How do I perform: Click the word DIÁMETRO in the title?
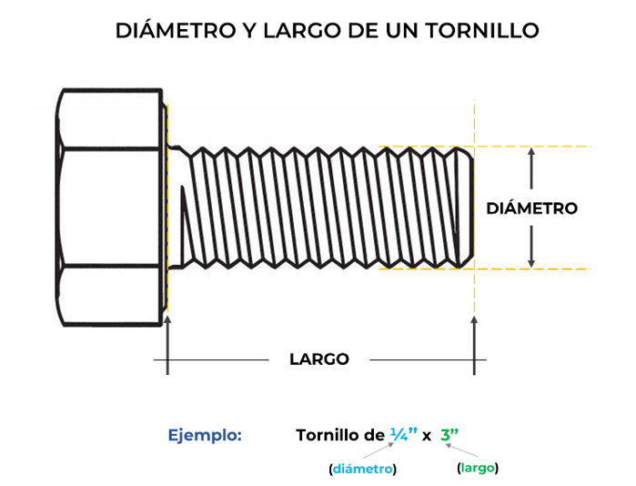pyautogui.click(x=176, y=30)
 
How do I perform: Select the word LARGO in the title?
pyautogui.click(x=303, y=31)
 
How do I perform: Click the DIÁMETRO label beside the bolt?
pyautogui.click(x=531, y=208)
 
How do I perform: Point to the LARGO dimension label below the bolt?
pyautogui.click(x=319, y=359)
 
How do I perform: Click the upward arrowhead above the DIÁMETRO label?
pyautogui.click(x=531, y=152)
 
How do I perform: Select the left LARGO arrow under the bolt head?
pyautogui.click(x=167, y=345)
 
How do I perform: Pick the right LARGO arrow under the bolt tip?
pyautogui.click(x=474, y=345)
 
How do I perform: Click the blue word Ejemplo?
pyautogui.click(x=205, y=436)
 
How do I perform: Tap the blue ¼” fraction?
pyautogui.click(x=404, y=434)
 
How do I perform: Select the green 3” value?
pyautogui.click(x=449, y=435)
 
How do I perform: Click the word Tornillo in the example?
pyautogui.click(x=328, y=435)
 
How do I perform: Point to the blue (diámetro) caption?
pyautogui.click(x=363, y=469)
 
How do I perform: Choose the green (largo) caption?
pyautogui.click(x=478, y=468)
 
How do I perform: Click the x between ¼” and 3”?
pyautogui.click(x=427, y=437)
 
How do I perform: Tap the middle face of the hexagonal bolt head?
pyautogui.click(x=110, y=207)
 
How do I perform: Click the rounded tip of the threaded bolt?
pyautogui.click(x=466, y=207)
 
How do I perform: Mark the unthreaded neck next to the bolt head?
pyautogui.click(x=178, y=207)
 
